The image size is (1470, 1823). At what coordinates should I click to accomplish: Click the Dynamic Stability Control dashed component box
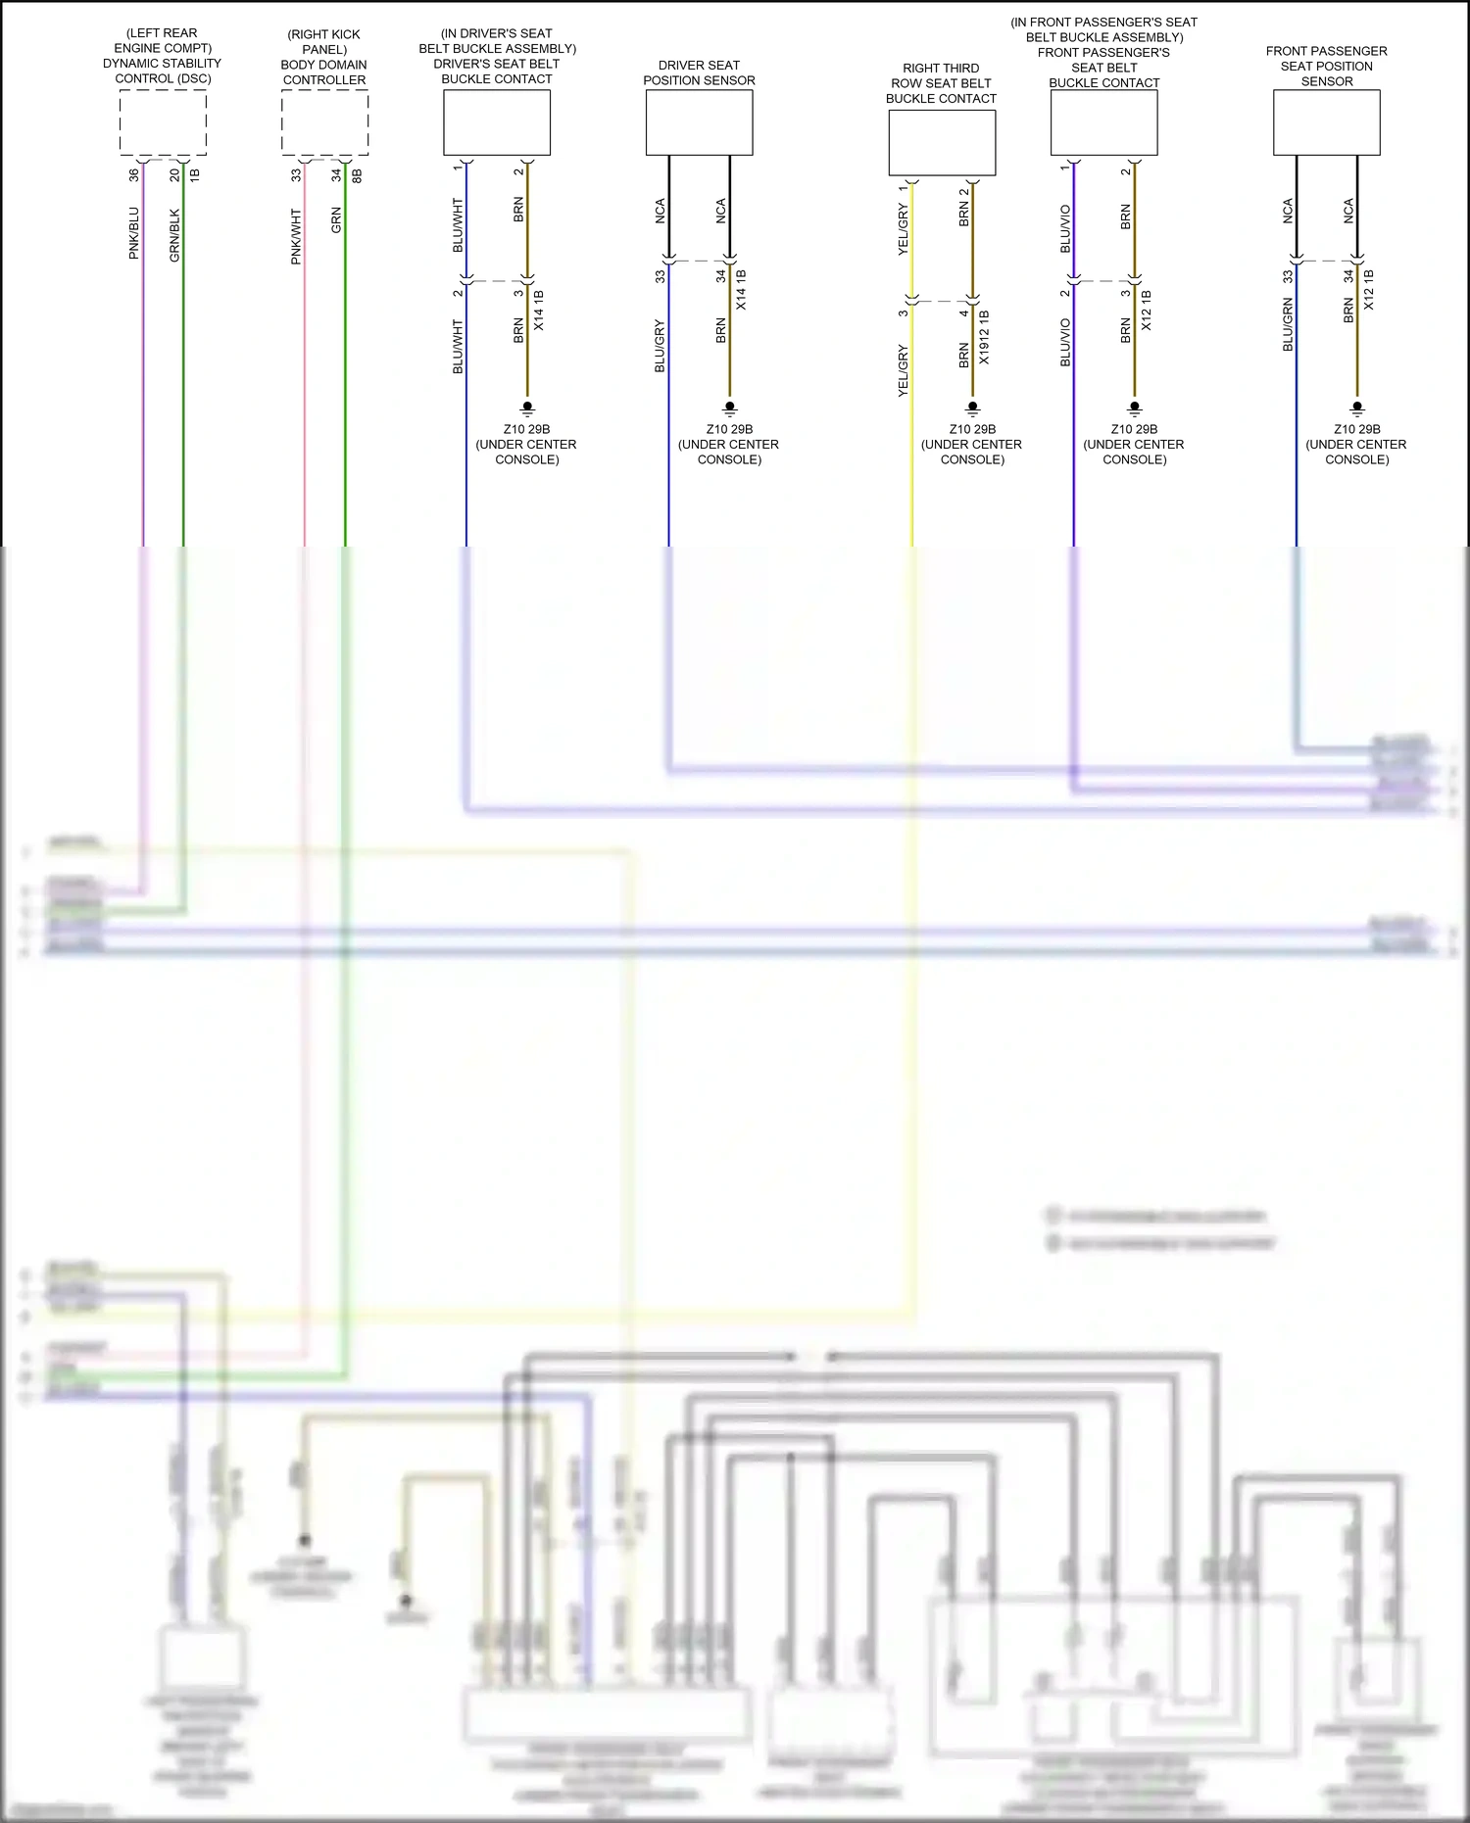163,122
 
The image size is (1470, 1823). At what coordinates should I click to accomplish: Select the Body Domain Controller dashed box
324,122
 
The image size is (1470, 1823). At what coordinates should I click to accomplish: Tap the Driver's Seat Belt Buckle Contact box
497,122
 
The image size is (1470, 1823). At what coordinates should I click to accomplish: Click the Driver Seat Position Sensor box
699,122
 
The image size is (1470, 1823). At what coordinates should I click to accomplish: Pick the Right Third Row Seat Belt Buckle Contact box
942,143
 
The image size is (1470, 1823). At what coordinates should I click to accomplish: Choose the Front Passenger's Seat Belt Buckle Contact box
1103,122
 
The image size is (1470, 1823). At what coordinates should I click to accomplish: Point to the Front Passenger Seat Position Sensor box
1326,122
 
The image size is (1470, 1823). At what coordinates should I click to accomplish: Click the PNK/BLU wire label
134,233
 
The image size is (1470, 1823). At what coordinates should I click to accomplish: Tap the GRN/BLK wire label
175,235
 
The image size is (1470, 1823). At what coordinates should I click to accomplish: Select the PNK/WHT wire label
296,236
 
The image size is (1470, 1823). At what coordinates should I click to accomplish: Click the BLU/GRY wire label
660,346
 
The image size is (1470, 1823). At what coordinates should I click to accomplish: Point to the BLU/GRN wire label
1288,325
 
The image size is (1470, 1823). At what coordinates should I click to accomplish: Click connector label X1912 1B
984,338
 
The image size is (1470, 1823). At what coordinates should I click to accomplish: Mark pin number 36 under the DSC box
134,175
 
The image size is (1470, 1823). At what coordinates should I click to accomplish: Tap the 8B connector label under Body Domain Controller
357,175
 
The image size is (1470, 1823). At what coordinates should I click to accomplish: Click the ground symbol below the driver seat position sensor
729,408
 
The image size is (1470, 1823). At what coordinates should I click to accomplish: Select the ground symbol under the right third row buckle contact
972,408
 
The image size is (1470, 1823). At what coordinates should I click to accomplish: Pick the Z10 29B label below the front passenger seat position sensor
1356,429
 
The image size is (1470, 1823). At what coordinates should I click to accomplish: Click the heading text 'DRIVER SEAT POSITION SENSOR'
699,72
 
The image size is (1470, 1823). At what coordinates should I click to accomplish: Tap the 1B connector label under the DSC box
194,175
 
